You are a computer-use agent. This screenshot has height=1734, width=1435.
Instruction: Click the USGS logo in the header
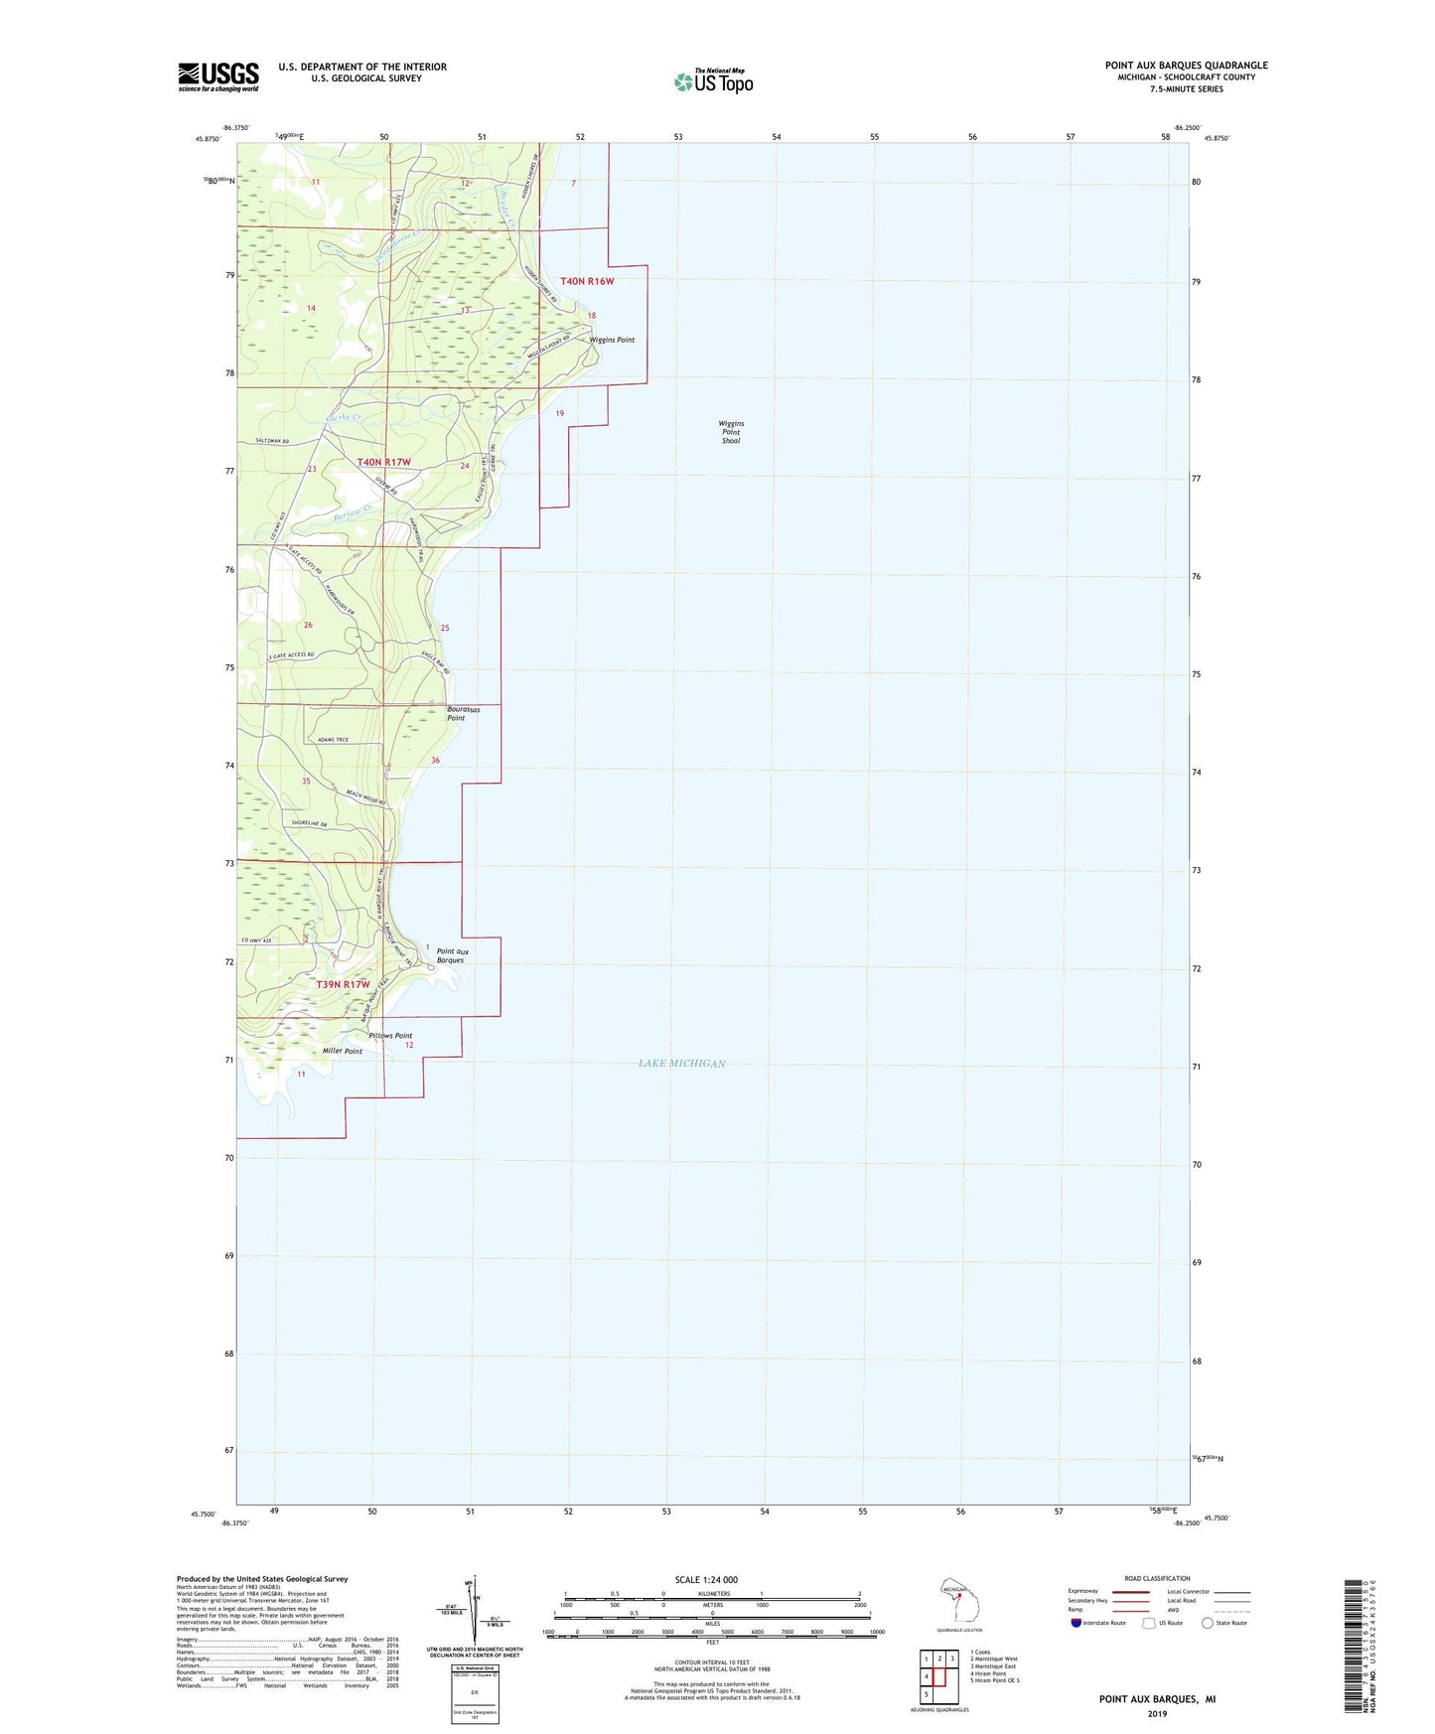218,76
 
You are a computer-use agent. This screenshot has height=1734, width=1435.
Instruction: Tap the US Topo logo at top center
713,81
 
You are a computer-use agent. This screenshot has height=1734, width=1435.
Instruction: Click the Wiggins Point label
612,340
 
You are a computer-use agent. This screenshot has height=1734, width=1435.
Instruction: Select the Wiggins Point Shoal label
731,431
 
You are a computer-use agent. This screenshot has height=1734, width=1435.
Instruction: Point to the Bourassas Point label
464,713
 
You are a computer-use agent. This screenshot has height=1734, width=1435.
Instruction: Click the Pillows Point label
390,1035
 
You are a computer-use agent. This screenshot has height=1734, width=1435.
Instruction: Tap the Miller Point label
342,1051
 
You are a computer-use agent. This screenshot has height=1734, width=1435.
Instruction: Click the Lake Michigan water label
681,1064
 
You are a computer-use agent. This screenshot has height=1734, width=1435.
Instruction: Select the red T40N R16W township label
587,281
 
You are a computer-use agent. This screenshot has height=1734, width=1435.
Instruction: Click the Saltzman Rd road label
271,441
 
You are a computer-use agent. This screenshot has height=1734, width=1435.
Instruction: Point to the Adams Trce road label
333,740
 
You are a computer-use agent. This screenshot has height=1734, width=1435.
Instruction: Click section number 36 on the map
435,760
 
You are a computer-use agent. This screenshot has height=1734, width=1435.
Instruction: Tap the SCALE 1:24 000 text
706,1579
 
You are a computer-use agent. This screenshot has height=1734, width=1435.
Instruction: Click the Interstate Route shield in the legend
1076,1623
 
